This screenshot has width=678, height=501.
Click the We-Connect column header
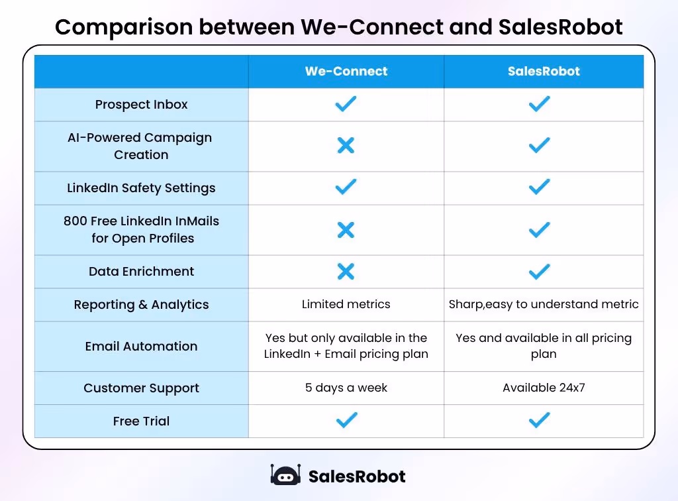(346, 72)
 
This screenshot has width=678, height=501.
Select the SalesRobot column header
(544, 72)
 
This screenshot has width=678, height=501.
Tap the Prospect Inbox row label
(141, 105)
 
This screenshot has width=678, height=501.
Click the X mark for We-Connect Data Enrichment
(346, 271)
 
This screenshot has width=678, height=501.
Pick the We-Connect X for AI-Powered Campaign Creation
(346, 146)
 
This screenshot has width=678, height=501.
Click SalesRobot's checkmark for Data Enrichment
(540, 271)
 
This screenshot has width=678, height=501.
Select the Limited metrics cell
(346, 305)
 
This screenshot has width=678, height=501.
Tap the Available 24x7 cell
(544, 388)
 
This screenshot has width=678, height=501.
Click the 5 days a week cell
(346, 388)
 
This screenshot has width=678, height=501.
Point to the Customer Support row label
(141, 388)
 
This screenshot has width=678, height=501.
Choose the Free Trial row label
(141, 421)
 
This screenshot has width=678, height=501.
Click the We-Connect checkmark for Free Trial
(346, 420)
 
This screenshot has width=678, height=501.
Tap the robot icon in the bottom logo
(285, 475)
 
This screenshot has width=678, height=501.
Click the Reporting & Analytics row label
(141, 305)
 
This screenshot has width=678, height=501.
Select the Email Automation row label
(141, 346)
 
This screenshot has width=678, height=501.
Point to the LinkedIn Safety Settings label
(141, 188)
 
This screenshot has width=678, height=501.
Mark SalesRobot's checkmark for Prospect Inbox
(540, 104)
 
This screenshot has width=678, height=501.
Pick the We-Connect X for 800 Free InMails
(346, 230)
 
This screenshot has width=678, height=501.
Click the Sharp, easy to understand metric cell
(544, 305)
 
